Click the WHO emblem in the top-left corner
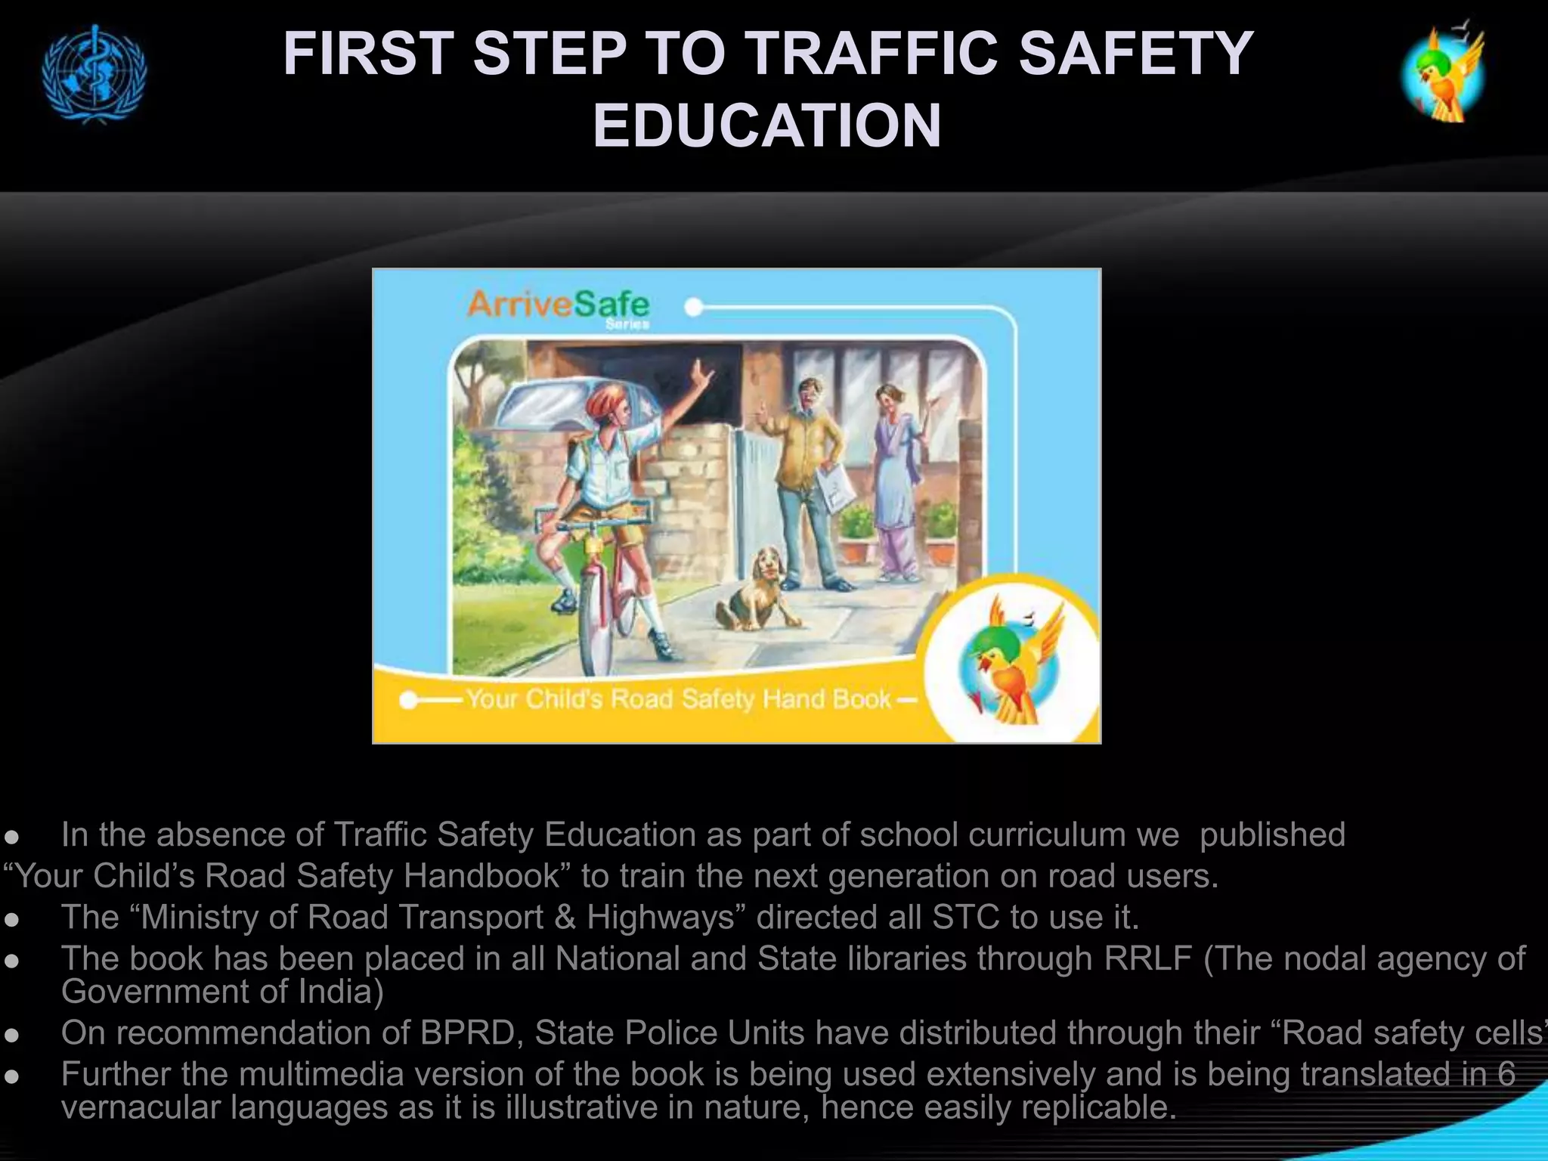click(94, 74)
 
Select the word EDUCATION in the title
click(766, 125)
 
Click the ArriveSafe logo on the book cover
click(558, 305)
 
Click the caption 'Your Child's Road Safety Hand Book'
click(678, 699)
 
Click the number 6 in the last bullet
click(1506, 1074)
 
